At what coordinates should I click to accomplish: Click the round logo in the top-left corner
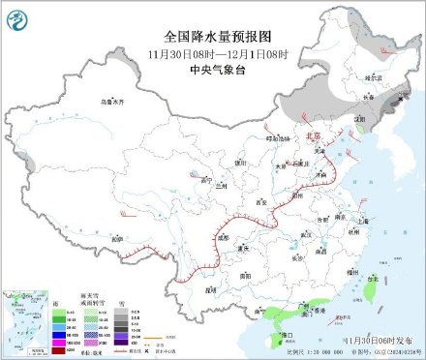click(16, 16)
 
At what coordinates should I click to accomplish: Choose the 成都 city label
click(225, 235)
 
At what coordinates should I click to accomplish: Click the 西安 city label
click(259, 202)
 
